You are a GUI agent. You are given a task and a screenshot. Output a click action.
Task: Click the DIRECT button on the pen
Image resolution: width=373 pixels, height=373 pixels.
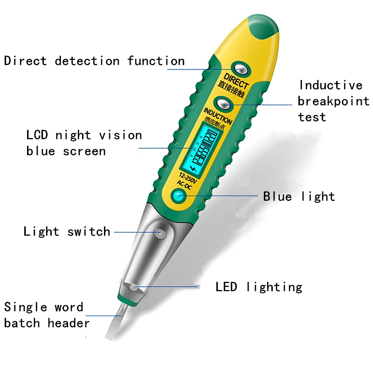point(241,69)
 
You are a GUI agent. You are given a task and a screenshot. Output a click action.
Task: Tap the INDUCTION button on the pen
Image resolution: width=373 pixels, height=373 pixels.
point(223,104)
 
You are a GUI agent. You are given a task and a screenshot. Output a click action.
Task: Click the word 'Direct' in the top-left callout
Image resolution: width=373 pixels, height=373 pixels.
point(26,61)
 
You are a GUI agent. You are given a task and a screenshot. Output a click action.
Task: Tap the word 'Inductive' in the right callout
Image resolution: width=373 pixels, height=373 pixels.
point(330,85)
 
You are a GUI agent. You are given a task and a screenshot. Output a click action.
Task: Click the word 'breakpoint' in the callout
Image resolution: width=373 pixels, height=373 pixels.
point(333,101)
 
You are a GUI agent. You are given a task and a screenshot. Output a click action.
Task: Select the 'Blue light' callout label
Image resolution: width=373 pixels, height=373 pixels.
point(299,196)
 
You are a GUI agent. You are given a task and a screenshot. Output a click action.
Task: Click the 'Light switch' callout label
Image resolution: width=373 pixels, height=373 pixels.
point(67,231)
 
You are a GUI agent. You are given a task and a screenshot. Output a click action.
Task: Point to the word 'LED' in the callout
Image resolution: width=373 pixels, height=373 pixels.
point(226,286)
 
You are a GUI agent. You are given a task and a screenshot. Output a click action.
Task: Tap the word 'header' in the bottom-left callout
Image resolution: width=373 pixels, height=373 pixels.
point(69,323)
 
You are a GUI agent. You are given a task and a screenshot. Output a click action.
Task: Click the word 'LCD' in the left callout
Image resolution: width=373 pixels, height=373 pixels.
point(37,135)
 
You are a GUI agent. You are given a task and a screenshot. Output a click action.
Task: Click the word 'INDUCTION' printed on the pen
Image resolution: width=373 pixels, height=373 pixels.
point(217,115)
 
